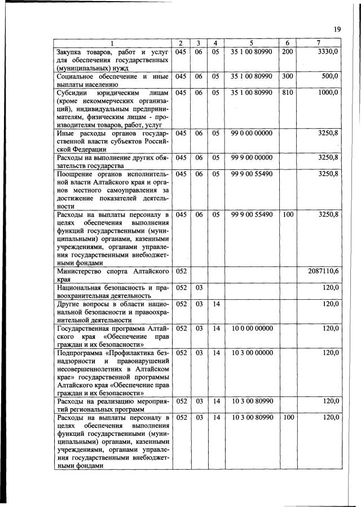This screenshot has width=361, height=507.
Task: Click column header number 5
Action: click(251, 43)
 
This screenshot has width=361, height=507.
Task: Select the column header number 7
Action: click(319, 43)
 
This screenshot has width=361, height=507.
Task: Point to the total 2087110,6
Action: click(323, 272)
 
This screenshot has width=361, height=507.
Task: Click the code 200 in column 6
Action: click(287, 52)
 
